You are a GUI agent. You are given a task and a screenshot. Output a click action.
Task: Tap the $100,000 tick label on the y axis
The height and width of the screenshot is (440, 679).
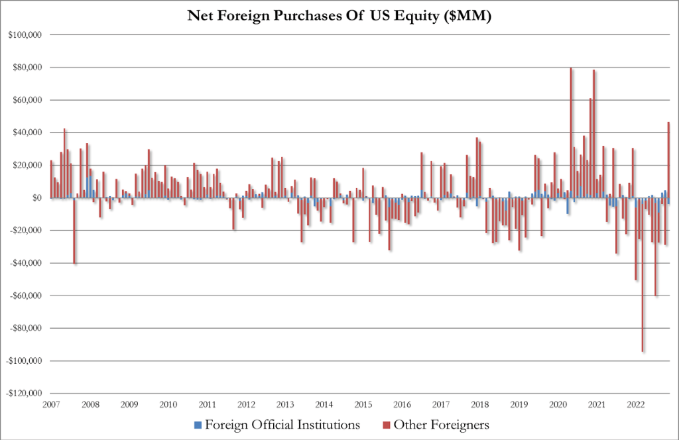(23, 34)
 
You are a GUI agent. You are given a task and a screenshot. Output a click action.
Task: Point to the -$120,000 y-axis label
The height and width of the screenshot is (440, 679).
(22, 393)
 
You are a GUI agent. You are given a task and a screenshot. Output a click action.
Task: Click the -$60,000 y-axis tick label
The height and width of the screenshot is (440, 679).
(24, 296)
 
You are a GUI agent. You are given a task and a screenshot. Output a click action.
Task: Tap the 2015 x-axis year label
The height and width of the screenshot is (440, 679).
(363, 404)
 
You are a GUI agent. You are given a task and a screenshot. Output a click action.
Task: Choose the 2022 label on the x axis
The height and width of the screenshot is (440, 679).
(636, 404)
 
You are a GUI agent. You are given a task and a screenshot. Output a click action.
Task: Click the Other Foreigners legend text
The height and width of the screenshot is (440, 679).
(440, 422)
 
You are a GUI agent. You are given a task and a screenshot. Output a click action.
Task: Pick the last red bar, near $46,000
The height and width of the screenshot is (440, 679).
(668, 160)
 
